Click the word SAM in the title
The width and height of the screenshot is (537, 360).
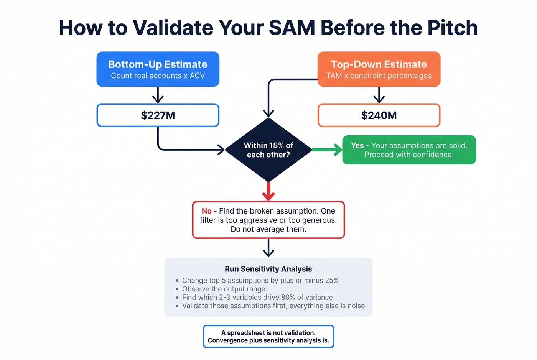pyautogui.click(x=292, y=28)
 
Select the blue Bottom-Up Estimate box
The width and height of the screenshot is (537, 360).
pyautogui.click(x=158, y=69)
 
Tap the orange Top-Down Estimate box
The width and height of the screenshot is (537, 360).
pyautogui.click(x=379, y=69)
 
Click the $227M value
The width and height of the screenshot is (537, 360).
pyautogui.click(x=158, y=115)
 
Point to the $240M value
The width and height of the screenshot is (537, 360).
pyautogui.click(x=379, y=115)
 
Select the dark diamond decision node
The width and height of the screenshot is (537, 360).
pyautogui.click(x=268, y=150)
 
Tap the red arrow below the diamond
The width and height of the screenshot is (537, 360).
pyautogui.click(x=268, y=191)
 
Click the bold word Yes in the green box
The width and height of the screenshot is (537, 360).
pyautogui.click(x=357, y=145)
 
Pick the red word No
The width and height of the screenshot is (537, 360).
pyautogui.click(x=206, y=211)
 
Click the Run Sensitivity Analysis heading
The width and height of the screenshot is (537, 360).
pyautogui.click(x=268, y=269)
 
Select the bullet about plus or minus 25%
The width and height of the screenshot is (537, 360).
pyautogui.click(x=260, y=280)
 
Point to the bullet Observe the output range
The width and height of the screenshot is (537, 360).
pyautogui.click(x=224, y=289)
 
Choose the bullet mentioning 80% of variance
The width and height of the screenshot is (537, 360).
pyautogui.click(x=257, y=297)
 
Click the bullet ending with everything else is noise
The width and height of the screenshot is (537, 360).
pyautogui.click(x=273, y=306)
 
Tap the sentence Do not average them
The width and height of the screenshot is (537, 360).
pyautogui.click(x=268, y=229)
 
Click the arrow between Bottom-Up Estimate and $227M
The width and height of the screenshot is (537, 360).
pyautogui.click(x=158, y=95)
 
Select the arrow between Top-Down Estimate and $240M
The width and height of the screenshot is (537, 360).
pyautogui.click(x=379, y=95)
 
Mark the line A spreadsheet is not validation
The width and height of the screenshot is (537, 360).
pyautogui.click(x=268, y=333)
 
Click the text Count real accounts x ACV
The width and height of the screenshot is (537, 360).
pyautogui.click(x=158, y=76)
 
